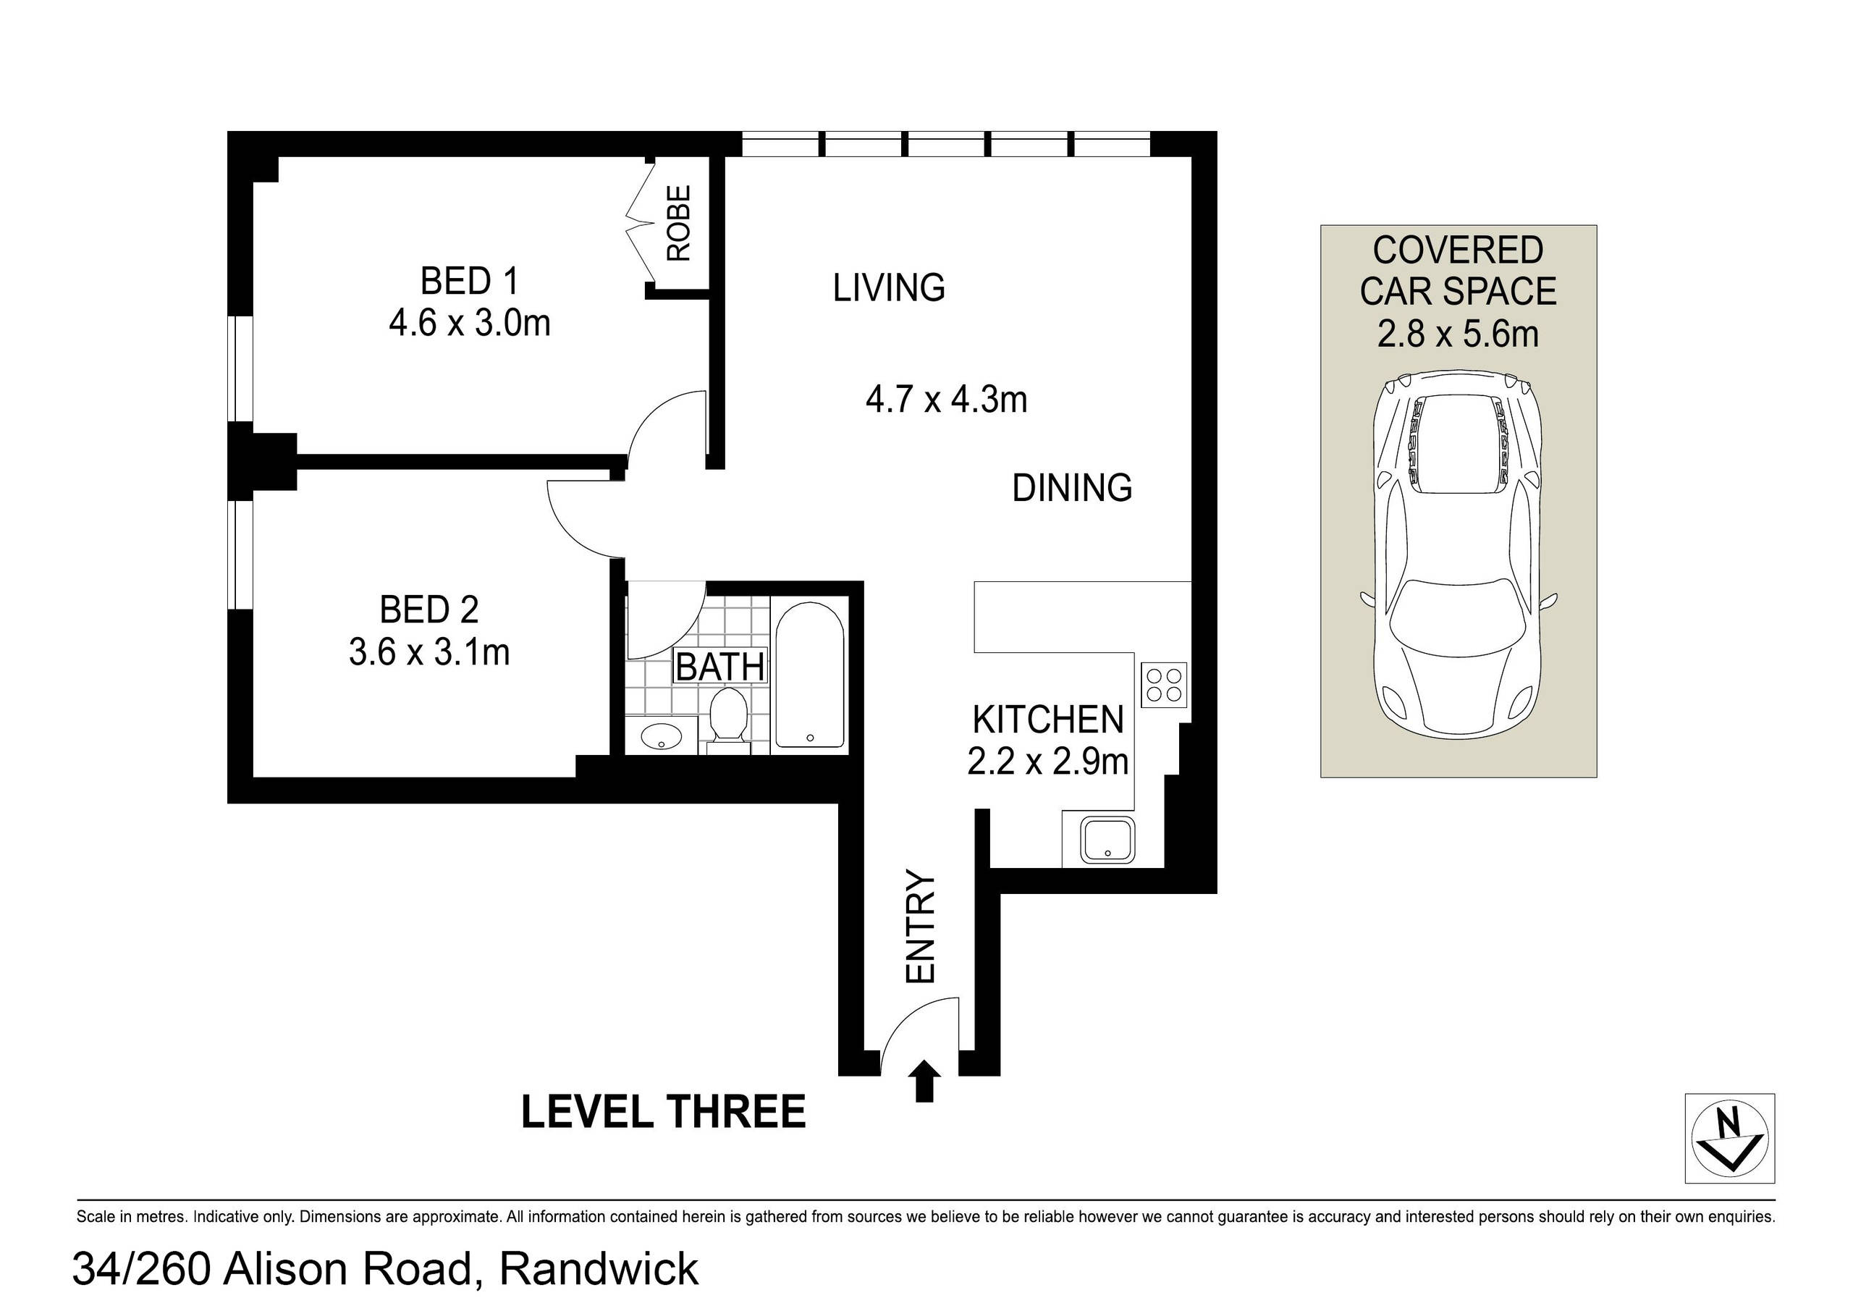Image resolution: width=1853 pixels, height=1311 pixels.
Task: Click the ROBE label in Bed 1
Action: coord(679,223)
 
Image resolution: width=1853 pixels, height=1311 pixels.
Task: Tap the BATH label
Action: coord(720,667)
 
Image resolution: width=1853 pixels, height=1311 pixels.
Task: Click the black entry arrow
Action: coord(924,1082)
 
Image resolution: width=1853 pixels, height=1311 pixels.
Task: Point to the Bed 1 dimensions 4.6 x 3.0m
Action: coord(470,324)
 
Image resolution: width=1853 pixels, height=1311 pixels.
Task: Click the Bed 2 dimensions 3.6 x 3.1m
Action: coord(429,652)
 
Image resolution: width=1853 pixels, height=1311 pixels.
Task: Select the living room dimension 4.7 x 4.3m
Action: coord(946,400)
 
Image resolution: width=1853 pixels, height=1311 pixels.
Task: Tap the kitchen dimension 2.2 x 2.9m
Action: coord(1047,762)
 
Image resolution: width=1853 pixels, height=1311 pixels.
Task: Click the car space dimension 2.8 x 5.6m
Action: coord(1458,334)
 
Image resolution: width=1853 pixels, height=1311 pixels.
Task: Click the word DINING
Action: coord(1072,489)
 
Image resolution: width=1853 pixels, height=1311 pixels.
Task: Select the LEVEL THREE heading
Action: coord(664,1112)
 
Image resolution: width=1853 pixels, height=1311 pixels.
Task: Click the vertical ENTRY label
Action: coord(920,926)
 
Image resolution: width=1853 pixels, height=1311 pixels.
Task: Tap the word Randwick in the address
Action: coord(599,1268)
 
